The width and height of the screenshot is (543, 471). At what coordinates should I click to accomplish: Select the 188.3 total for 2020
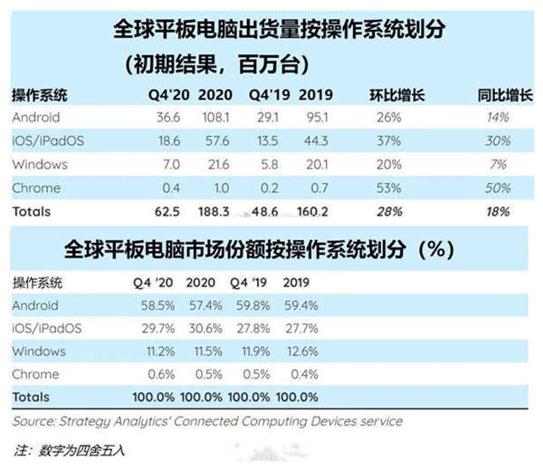click(214, 211)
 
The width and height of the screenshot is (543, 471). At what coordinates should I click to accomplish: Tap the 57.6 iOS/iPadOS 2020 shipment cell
click(214, 141)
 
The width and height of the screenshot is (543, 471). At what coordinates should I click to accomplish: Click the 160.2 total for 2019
click(310, 211)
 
